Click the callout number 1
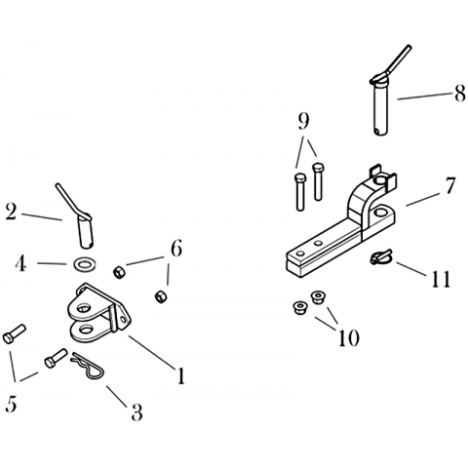(180, 375)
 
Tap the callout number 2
(11, 213)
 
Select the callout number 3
(136, 411)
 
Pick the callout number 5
(11, 405)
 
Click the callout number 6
(176, 250)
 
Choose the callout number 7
(449, 185)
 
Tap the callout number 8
(460, 94)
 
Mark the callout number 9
(303, 121)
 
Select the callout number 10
(349, 337)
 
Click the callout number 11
(441, 279)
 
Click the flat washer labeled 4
(85, 264)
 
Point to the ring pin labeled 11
(381, 257)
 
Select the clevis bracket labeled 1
(98, 313)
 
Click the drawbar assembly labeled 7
(341, 224)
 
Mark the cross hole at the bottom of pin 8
(376, 132)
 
